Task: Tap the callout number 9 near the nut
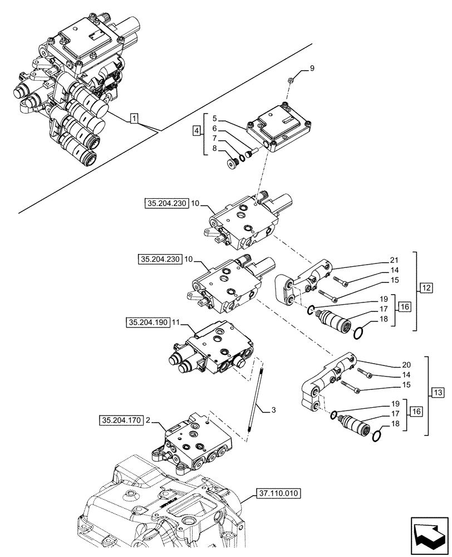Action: [x=312, y=69]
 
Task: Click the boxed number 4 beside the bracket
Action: [x=195, y=131]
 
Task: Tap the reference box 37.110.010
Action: [x=278, y=493]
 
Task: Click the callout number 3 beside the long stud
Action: [x=273, y=411]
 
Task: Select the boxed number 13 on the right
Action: [x=437, y=394]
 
